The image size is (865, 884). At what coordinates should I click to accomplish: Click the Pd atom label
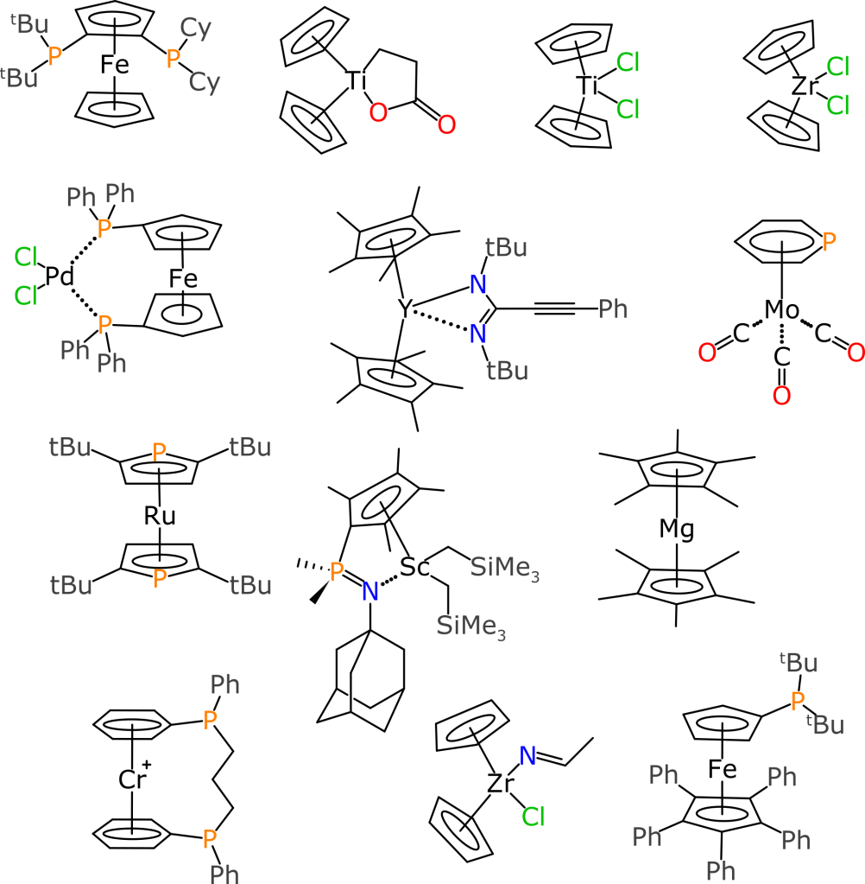pos(59,277)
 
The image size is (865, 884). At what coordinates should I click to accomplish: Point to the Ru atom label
pos(160,517)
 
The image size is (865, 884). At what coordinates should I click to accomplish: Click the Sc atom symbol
pos(415,568)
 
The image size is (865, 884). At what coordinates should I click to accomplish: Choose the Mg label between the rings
pos(677,530)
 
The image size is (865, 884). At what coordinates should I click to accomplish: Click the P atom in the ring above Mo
pos(829,243)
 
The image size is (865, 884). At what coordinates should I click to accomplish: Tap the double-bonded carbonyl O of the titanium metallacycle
pos(446,124)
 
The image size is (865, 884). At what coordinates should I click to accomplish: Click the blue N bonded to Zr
pos(527,755)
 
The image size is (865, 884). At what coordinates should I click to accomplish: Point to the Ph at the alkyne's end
pos(613,308)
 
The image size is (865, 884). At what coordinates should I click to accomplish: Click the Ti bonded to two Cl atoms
pos(588,85)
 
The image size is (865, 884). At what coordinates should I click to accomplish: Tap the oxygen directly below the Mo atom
pos(781,396)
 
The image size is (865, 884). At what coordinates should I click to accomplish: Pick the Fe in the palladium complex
pos(183,279)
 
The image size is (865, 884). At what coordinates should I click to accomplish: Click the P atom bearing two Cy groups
pos(174,58)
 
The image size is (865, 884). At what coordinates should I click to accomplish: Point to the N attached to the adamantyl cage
pos(370,591)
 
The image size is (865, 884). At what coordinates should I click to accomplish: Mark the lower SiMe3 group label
pos(470,626)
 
